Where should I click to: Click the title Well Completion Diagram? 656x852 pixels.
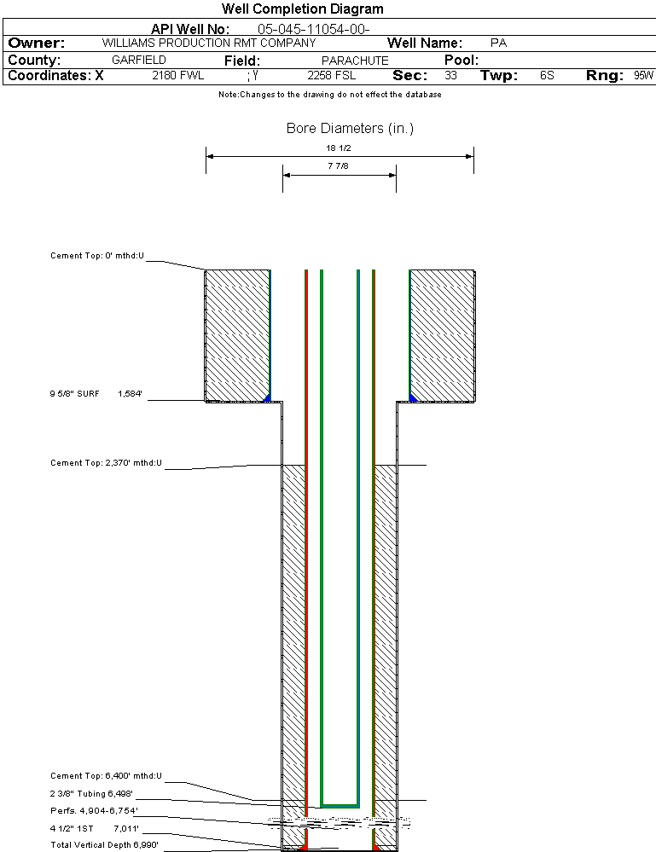302,9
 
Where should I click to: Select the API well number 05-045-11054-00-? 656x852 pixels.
313,29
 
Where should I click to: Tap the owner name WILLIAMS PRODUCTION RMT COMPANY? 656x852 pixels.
208,43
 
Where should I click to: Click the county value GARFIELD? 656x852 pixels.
139,61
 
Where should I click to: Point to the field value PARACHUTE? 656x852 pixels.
355,61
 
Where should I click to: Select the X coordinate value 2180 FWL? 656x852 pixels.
177,76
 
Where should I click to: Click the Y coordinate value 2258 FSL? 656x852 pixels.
331,76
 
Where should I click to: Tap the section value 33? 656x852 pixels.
450,76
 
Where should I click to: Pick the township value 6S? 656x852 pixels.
547,76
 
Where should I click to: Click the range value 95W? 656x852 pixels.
643,76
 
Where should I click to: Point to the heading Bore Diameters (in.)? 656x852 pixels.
350,129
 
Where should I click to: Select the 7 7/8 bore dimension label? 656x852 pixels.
339,166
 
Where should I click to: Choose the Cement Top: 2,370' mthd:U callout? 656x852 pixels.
106,463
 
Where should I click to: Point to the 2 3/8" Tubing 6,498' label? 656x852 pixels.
91,793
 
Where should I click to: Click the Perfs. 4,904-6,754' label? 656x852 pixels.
94,810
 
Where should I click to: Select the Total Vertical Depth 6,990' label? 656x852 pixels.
104,844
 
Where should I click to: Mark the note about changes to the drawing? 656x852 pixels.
329,95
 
